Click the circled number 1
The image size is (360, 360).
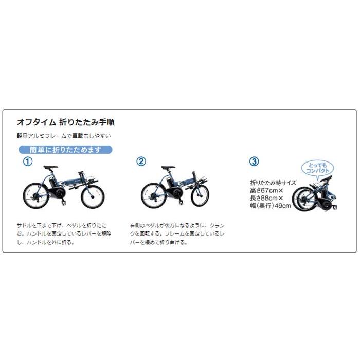tap(28, 161)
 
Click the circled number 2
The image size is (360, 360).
tap(141, 161)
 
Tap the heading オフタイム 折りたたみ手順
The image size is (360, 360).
tap(66, 122)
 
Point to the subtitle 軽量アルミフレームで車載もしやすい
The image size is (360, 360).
tap(64, 136)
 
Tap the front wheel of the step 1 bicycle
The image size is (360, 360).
tap(93, 196)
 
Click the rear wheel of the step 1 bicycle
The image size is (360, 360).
tap(34, 196)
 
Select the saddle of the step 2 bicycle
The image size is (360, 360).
tap(167, 168)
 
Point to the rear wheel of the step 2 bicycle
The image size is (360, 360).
tap(153, 196)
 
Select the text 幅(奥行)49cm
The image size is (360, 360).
tap(270, 206)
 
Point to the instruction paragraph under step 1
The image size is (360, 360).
tap(64, 233)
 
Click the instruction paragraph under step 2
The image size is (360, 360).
tap(177, 233)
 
